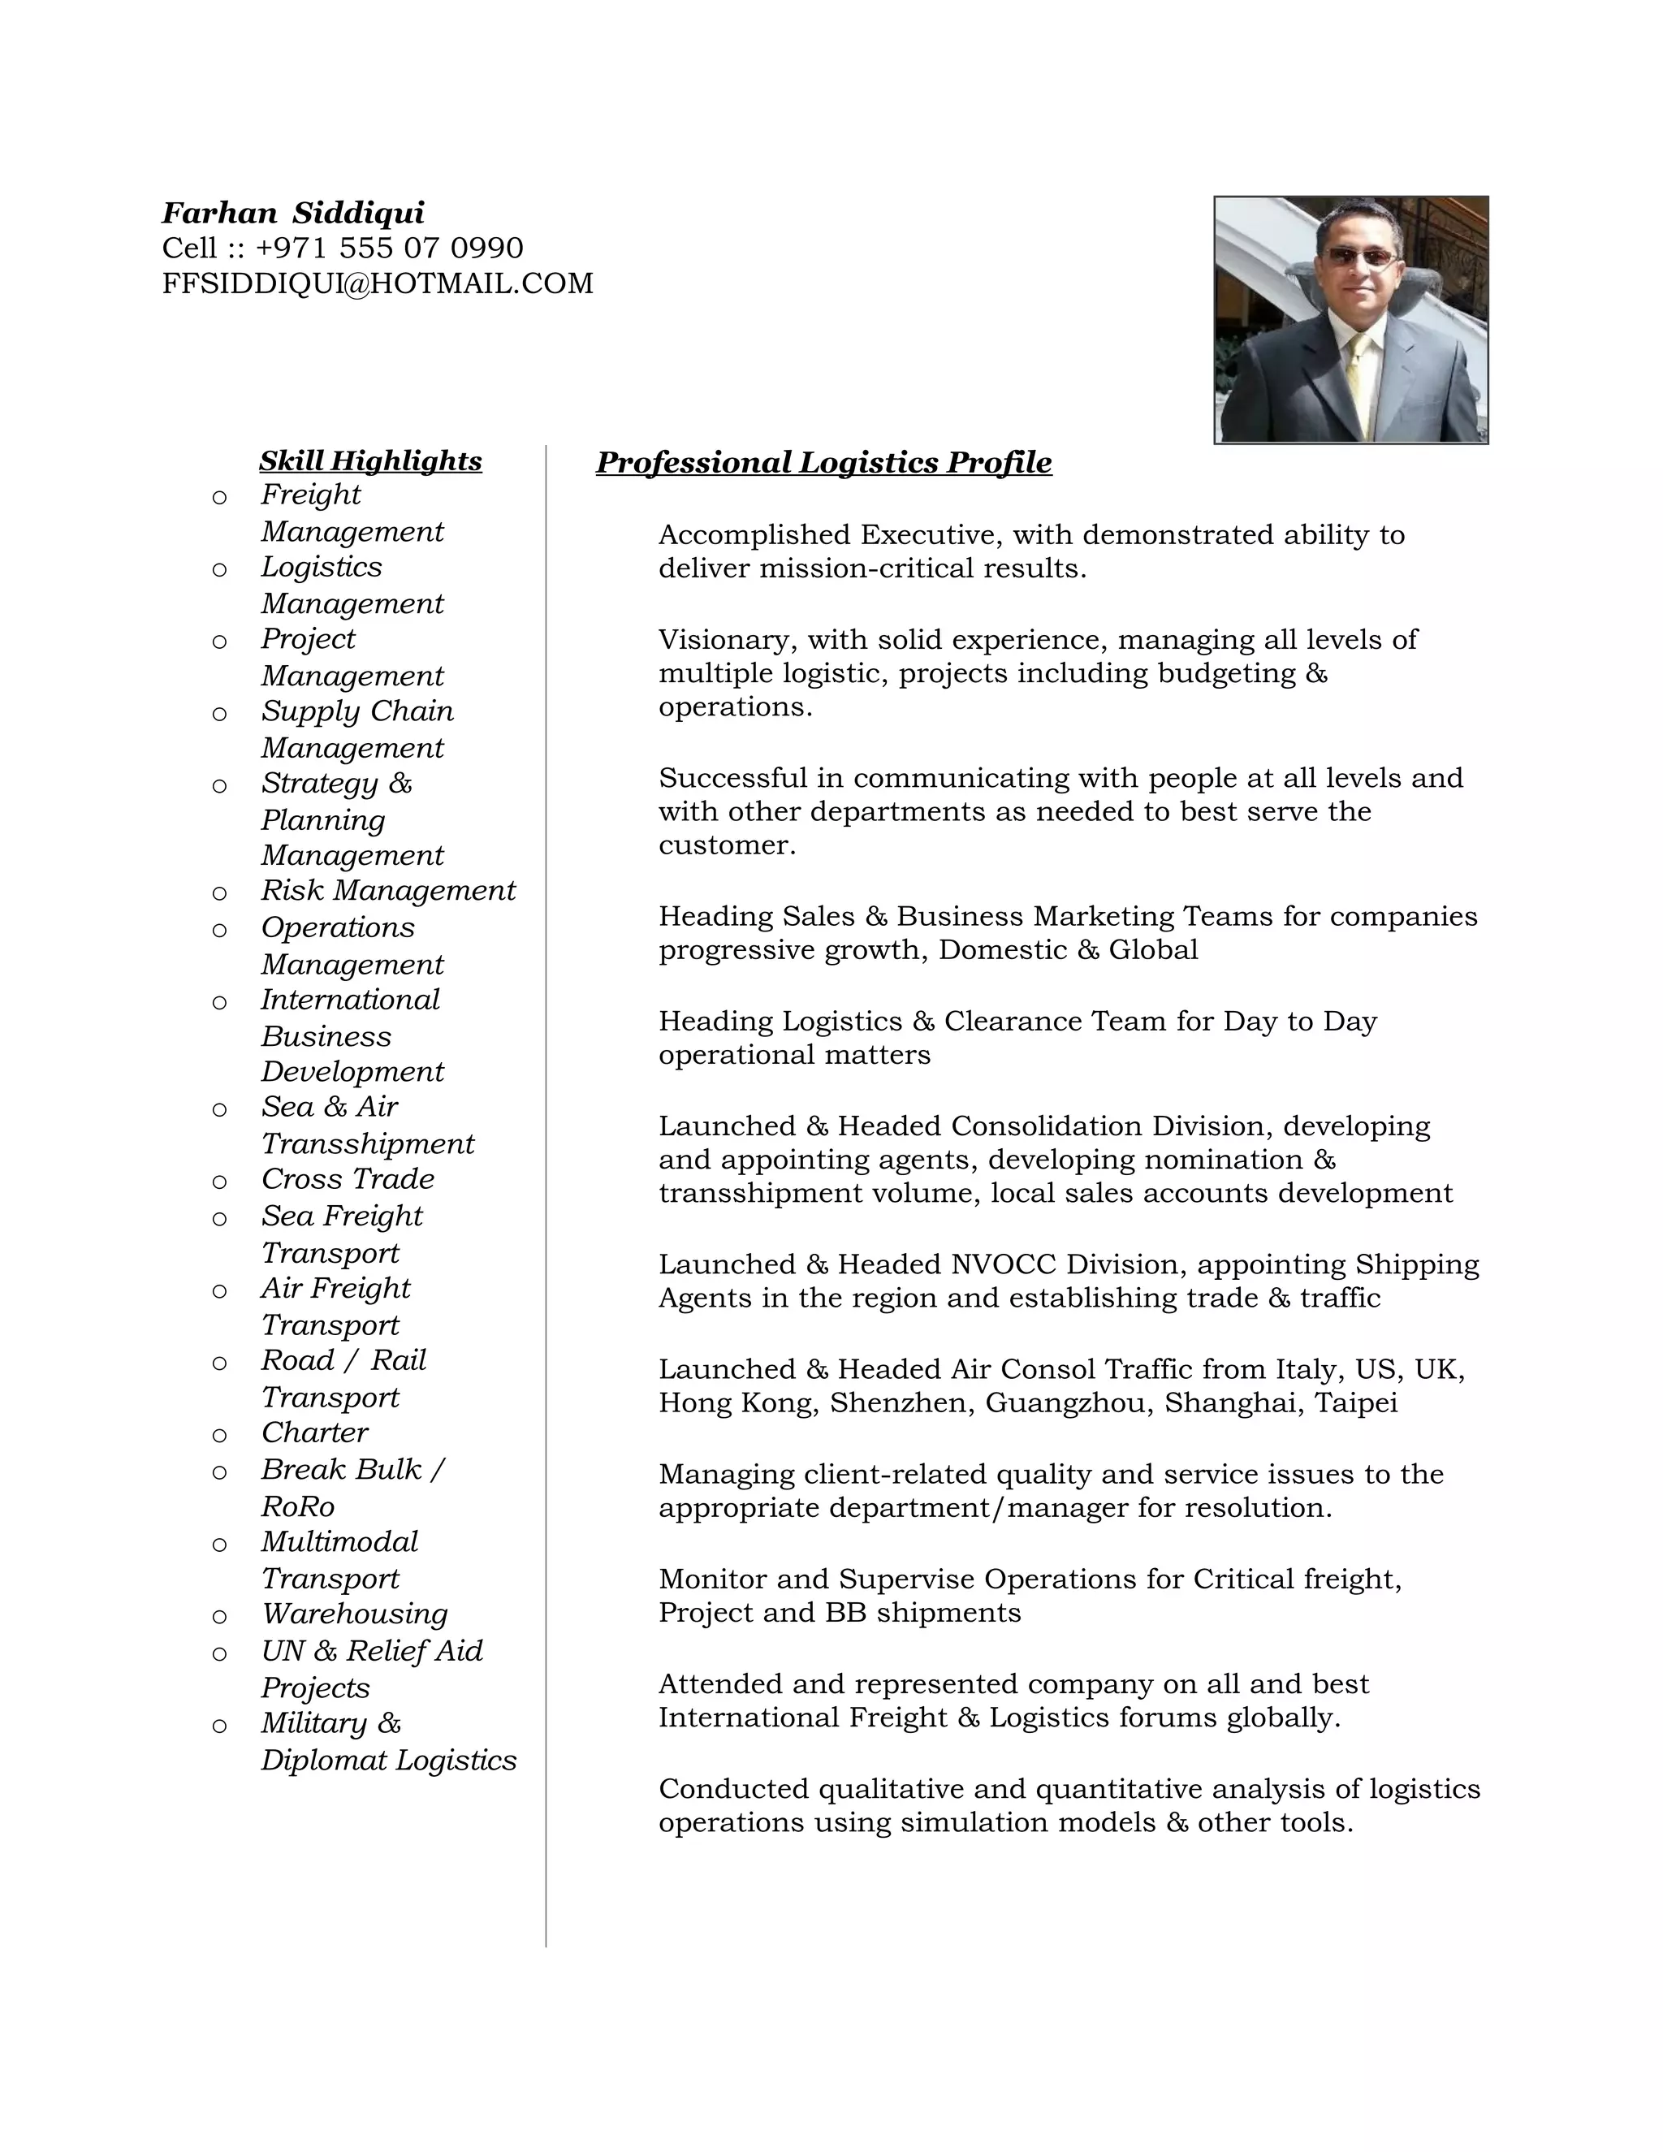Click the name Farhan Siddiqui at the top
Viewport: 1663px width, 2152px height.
292,213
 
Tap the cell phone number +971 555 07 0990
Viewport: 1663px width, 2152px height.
389,248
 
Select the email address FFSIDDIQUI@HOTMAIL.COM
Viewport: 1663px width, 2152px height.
378,283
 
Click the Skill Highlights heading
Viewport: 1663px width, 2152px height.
370,461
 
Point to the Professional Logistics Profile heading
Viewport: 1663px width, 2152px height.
823,462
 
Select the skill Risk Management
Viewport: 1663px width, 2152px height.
388,891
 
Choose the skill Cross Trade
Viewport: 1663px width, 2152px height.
348,1179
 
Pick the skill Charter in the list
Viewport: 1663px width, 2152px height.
314,1433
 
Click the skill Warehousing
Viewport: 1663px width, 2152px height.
355,1614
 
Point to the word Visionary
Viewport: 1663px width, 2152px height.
728,641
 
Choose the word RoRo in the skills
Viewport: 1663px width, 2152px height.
297,1506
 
